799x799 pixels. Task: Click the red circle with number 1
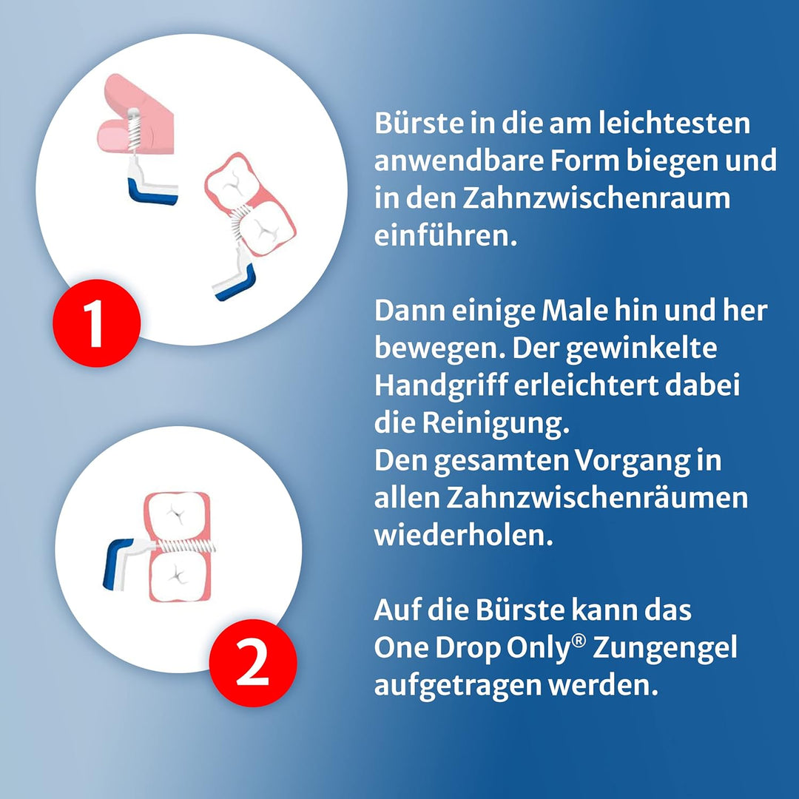coord(96,322)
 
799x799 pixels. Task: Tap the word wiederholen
coord(464,535)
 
